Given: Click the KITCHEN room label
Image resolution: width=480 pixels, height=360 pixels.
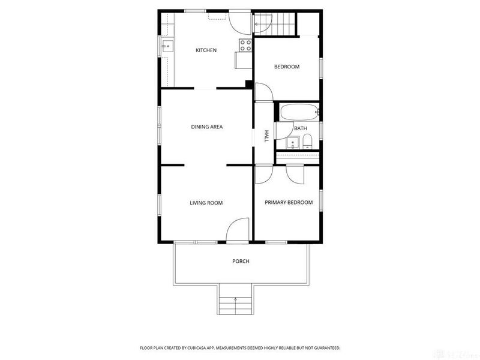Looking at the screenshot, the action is tap(206, 50).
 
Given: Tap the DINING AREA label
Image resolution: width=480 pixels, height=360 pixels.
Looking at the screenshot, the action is tap(206, 127).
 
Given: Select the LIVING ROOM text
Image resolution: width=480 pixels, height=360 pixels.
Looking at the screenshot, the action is tap(206, 203).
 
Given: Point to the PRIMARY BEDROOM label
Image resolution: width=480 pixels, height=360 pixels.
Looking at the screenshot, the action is tap(289, 202).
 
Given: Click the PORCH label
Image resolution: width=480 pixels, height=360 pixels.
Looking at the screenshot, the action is tap(241, 261).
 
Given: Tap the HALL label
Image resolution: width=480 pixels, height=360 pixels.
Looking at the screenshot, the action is tap(266, 136).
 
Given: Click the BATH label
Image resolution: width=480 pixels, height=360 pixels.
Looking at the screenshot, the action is tap(301, 128).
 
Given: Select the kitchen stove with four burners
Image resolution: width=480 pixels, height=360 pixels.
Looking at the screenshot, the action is tap(245, 46).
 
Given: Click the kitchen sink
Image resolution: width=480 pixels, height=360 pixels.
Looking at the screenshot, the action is tap(167, 46).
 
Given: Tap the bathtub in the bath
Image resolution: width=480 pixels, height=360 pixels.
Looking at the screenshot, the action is tap(299, 112).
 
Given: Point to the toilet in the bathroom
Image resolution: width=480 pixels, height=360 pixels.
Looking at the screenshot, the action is tap(307, 142).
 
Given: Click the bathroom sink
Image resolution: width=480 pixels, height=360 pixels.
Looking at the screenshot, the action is tap(293, 143).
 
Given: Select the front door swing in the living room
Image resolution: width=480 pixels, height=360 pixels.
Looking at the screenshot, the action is tap(237, 229).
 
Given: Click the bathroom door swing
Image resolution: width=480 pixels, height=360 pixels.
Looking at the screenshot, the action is tap(284, 131).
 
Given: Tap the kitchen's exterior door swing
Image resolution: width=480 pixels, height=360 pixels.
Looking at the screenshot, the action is tap(241, 23).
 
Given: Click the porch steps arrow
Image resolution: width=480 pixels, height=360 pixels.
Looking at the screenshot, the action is tap(235, 299).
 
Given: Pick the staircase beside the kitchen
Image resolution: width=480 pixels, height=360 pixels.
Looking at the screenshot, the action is tap(275, 24).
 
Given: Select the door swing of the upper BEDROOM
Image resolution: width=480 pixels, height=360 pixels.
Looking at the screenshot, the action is tap(263, 92).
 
